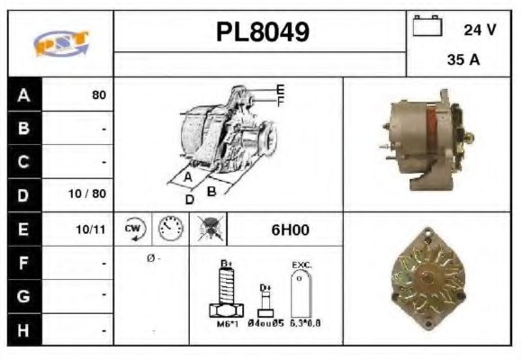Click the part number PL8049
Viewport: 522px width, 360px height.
tap(262, 33)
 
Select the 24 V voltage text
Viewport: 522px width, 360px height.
tap(480, 29)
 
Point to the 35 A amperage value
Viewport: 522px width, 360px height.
tap(462, 61)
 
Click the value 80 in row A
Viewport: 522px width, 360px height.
tap(99, 94)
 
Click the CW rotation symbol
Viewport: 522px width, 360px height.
tap(134, 229)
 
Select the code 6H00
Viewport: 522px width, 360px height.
tap(290, 230)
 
